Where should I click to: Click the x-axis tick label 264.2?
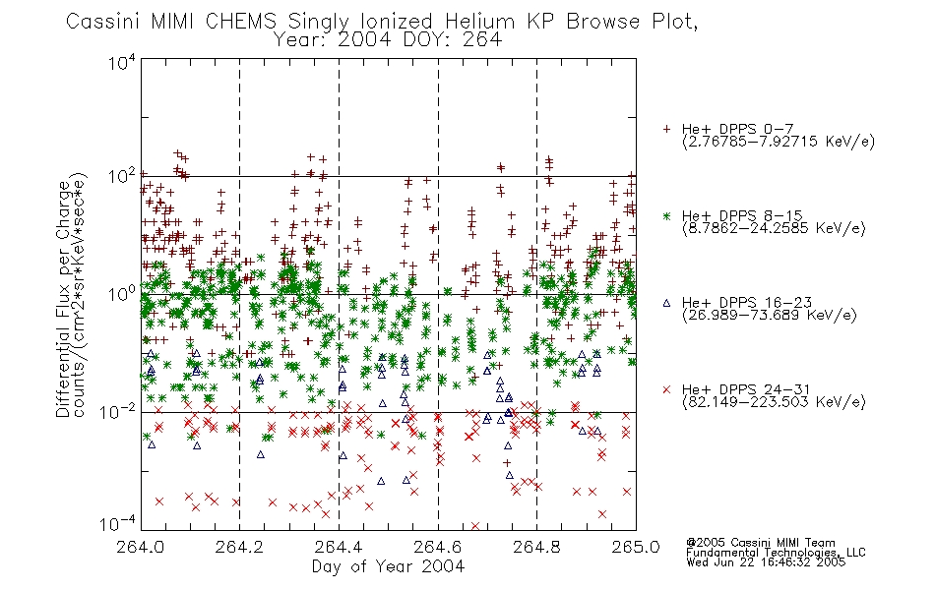(x=240, y=547)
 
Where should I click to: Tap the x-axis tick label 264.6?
(x=438, y=547)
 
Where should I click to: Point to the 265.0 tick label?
(x=636, y=547)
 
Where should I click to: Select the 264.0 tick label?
(x=140, y=547)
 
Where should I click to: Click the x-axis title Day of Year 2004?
(x=388, y=566)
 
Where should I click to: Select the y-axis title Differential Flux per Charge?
(x=63, y=300)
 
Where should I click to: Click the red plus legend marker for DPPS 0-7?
(x=666, y=129)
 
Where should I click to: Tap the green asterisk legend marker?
(x=666, y=215)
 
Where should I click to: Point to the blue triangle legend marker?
(x=666, y=303)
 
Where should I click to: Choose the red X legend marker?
(x=666, y=389)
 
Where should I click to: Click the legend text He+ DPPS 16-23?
(x=747, y=303)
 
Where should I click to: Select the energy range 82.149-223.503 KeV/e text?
(x=774, y=402)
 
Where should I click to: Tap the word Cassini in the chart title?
(x=102, y=22)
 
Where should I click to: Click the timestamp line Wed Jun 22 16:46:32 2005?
(x=766, y=562)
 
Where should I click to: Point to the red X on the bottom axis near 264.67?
(x=475, y=526)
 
